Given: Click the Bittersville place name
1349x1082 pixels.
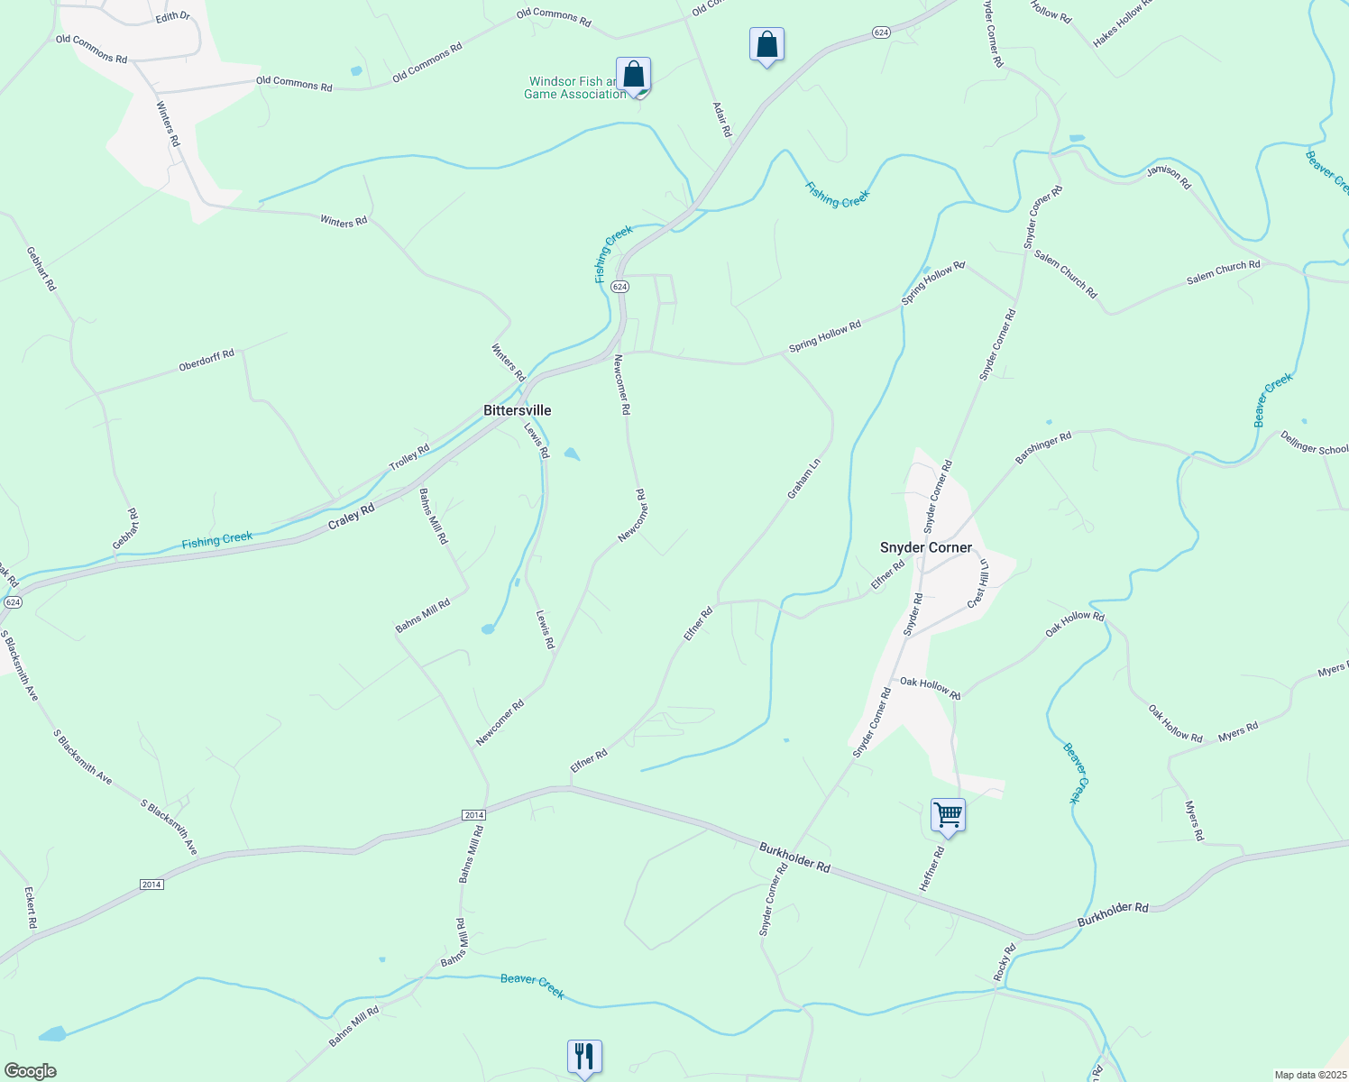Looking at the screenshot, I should pyautogui.click(x=517, y=410).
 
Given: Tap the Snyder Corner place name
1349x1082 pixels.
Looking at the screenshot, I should pyautogui.click(x=926, y=547).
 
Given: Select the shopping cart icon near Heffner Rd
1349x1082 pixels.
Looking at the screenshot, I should pyautogui.click(x=948, y=815).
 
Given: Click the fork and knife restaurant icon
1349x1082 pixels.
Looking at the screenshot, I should pyautogui.click(x=584, y=1056).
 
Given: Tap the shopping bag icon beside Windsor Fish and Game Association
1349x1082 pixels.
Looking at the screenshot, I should pyautogui.click(x=634, y=75).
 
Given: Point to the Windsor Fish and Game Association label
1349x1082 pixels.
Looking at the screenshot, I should pyautogui.click(x=574, y=87).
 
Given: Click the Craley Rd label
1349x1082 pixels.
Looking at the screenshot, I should pyautogui.click(x=351, y=517).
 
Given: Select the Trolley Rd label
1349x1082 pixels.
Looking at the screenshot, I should pyautogui.click(x=409, y=457).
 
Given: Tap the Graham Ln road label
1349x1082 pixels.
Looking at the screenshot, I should pyautogui.click(x=804, y=479).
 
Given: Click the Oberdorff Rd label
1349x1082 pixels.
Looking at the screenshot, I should pyautogui.click(x=206, y=360).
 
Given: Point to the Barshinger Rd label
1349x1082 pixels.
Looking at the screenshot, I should pyautogui.click(x=1043, y=448).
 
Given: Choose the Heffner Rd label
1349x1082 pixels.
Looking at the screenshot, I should pyautogui.click(x=931, y=869).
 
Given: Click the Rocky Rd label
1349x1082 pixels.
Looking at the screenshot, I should pyautogui.click(x=1005, y=963).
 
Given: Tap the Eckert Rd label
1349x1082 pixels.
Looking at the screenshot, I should pyautogui.click(x=31, y=908).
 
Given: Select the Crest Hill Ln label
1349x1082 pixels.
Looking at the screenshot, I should pyautogui.click(x=979, y=583).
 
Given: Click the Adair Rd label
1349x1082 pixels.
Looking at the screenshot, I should pyautogui.click(x=722, y=120).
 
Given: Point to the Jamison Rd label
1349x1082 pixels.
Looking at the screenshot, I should pyautogui.click(x=1169, y=178).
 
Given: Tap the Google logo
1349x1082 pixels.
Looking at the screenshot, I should pyautogui.click(x=30, y=1071).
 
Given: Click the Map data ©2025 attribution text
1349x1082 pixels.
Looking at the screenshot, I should pyautogui.click(x=1308, y=1075).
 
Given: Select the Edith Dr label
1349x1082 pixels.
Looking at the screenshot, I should pyautogui.click(x=173, y=16).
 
